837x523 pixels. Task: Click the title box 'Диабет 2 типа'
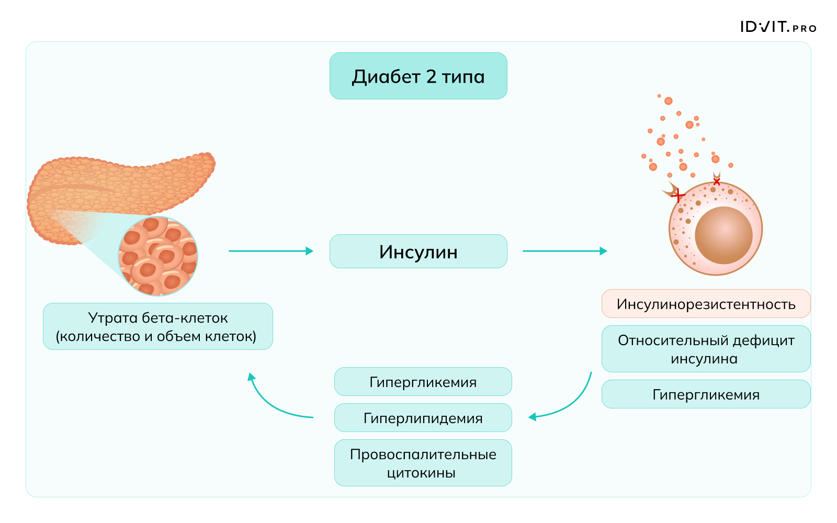(418, 76)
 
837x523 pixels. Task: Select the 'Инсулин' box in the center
(418, 252)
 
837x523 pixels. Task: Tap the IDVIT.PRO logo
(778, 27)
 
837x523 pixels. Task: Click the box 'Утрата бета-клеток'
(157, 326)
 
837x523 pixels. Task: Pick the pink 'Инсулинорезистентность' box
(706, 304)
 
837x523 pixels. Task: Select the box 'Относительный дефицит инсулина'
(706, 349)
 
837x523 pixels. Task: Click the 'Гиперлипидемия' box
(423, 418)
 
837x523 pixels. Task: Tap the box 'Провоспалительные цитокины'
(423, 463)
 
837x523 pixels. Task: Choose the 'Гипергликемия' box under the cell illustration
(706, 394)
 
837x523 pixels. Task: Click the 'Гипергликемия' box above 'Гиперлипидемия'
(423, 382)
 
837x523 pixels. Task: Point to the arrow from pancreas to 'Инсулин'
(270, 251)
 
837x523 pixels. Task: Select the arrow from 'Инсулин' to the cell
(564, 251)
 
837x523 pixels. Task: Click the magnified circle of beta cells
(158, 256)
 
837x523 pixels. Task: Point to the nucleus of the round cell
(723, 235)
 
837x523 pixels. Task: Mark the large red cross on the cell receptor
(678, 196)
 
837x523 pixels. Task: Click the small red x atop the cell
(717, 182)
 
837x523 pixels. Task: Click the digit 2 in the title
(431, 77)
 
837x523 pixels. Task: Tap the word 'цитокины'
(421, 473)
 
